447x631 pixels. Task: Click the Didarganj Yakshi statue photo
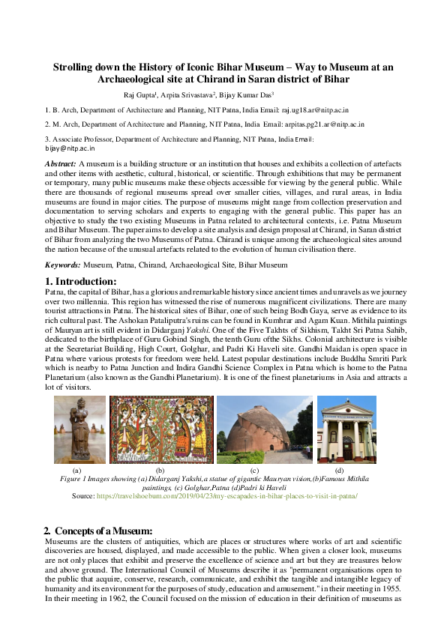[x=79, y=429]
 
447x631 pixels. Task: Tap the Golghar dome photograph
[x=265, y=429]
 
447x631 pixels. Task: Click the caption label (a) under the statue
[x=76, y=469]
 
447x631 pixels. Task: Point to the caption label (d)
[x=339, y=469]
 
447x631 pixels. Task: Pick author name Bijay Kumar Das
[x=246, y=95]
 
